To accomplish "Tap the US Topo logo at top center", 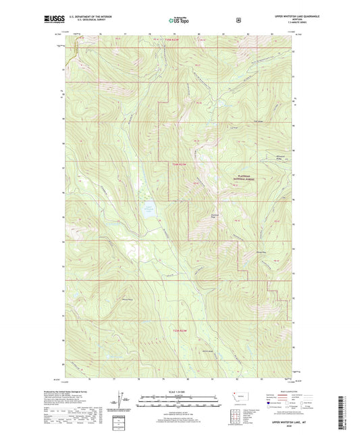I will (180, 20).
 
